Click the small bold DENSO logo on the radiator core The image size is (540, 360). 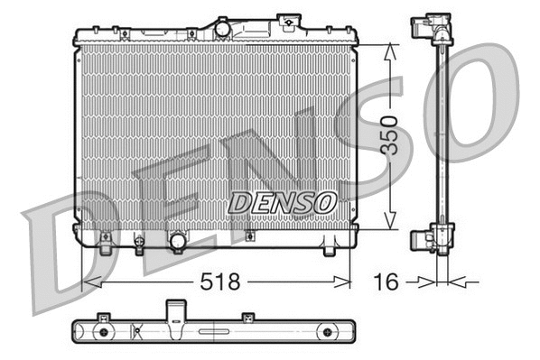tap(282, 201)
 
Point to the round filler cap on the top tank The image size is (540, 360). tap(223, 29)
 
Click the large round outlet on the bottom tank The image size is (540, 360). tap(178, 241)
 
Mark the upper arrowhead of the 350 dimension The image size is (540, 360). tap(388, 51)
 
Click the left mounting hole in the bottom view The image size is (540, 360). tap(103, 332)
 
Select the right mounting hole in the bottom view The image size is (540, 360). tap(323, 331)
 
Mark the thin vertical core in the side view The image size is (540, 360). tap(442, 135)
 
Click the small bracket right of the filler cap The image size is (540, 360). tap(287, 20)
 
